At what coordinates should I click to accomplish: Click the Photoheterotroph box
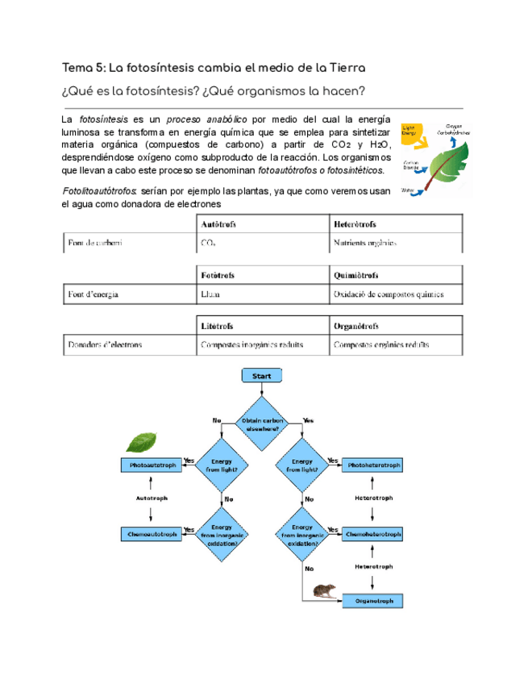(x=372, y=465)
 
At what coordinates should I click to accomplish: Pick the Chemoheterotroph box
(x=372, y=534)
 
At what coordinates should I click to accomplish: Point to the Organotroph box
(x=372, y=601)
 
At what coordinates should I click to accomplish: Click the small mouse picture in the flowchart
(x=326, y=592)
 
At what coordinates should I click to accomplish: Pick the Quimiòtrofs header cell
(x=357, y=275)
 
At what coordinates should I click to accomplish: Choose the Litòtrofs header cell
(x=217, y=326)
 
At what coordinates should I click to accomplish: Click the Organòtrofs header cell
(x=356, y=326)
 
